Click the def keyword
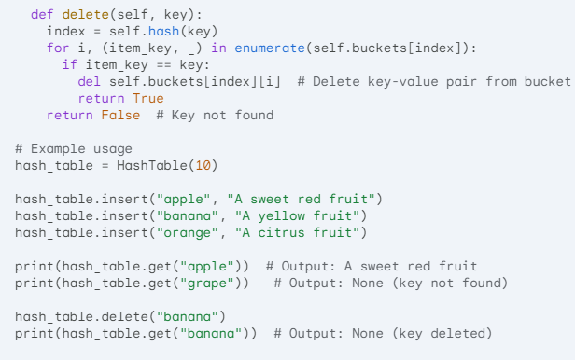point(42,15)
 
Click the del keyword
point(89,82)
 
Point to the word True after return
point(147,99)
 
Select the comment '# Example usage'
point(74,148)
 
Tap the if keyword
point(69,64)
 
